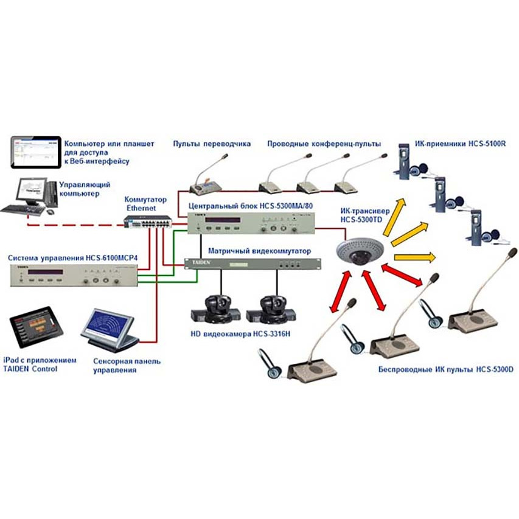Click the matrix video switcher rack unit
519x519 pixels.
coord(250,263)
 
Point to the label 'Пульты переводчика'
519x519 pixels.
coord(212,144)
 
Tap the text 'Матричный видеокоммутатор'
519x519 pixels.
coord(259,251)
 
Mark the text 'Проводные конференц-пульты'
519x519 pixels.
coord(324,144)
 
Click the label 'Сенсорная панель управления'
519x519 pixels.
coord(127,365)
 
